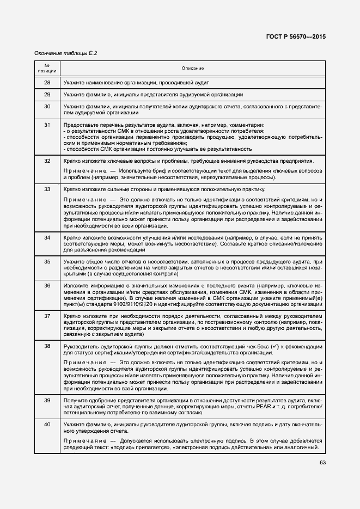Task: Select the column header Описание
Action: pyautogui.click(x=193, y=68)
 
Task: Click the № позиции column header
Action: pyautogui.click(x=47, y=68)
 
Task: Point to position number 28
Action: pyautogui.click(x=47, y=82)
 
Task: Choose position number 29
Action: pyautogui.click(x=47, y=94)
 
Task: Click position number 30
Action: pyautogui.click(x=47, y=106)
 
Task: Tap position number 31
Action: pyautogui.click(x=47, y=125)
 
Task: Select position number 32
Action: pyautogui.click(x=47, y=161)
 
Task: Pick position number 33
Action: pyautogui.click(x=47, y=189)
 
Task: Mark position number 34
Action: pyautogui.click(x=47, y=238)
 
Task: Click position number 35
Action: pyautogui.click(x=47, y=262)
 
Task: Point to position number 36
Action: pyautogui.click(x=47, y=285)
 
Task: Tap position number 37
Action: pyautogui.click(x=47, y=316)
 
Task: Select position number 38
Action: pyautogui.click(x=47, y=346)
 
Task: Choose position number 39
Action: pyautogui.click(x=47, y=400)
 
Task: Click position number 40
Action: pyautogui.click(x=47, y=424)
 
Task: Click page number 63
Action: pyautogui.click(x=322, y=463)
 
